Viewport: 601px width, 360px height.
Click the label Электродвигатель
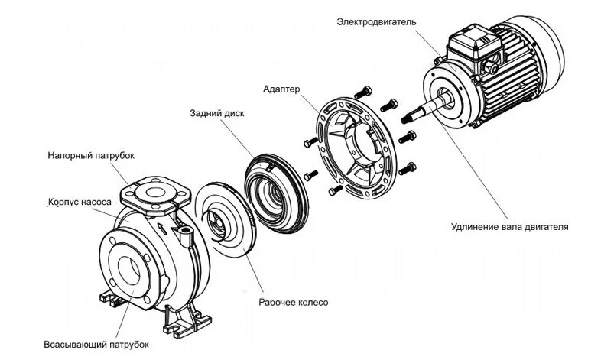(x=376, y=22)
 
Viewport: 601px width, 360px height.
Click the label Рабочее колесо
(x=293, y=303)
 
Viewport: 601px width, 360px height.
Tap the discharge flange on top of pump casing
(x=156, y=190)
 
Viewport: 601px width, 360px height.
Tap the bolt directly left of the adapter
(x=309, y=143)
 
